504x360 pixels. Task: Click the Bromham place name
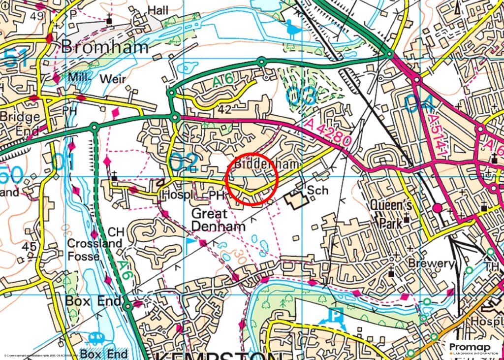click(x=104, y=47)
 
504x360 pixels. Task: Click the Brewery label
click(x=429, y=263)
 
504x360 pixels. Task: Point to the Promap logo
click(x=472, y=348)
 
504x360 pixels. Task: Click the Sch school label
click(x=317, y=190)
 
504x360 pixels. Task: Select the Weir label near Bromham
click(x=113, y=79)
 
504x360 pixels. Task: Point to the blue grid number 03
click(x=300, y=96)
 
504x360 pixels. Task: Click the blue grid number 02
click(x=183, y=163)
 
